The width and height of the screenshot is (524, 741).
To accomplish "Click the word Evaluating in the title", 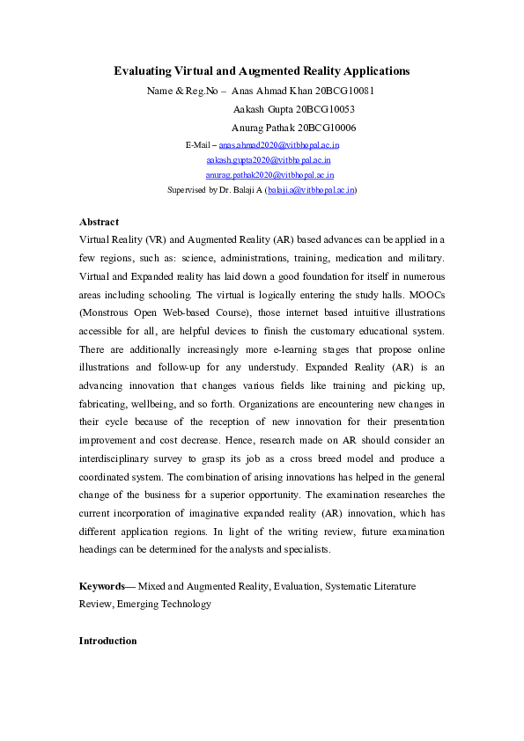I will tap(146, 70).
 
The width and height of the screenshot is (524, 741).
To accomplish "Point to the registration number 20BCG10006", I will tap(327, 128).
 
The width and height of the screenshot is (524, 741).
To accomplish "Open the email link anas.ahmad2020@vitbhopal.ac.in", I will tap(279, 144).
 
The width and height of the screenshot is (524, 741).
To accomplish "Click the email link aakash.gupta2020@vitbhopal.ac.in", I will tap(269, 160).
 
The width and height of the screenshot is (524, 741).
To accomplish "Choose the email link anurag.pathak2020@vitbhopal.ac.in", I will tap(269, 175).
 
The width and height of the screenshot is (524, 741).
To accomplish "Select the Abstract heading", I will tap(99, 222).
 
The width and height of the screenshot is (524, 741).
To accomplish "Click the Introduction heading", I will tap(107, 641).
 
